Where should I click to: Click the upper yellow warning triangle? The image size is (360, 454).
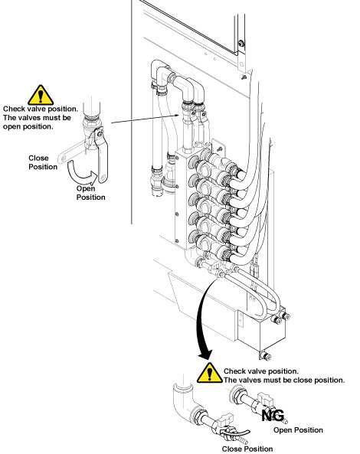(41, 95)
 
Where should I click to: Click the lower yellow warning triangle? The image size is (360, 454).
(210, 373)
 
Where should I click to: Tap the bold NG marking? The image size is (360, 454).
(273, 416)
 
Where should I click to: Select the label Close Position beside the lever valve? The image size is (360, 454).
(43, 162)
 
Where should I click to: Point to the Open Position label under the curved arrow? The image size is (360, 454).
(90, 193)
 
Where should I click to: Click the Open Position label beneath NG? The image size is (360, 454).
(298, 430)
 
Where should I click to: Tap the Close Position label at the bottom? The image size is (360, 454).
(247, 449)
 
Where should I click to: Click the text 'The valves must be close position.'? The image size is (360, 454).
(284, 380)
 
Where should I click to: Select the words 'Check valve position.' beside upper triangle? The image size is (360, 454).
(41, 109)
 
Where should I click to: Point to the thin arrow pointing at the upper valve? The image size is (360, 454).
(145, 119)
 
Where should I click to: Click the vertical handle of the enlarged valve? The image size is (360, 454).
(101, 155)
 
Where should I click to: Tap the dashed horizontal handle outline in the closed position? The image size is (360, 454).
(74, 152)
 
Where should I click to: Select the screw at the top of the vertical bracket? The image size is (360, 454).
(241, 44)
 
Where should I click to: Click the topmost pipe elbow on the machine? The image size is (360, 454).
(160, 71)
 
